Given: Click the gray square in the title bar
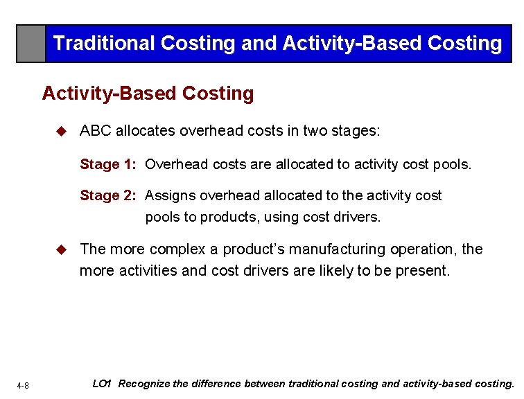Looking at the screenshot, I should click(x=31, y=44).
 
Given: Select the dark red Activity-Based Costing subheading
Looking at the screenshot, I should click(x=148, y=93).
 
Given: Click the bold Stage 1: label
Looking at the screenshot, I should click(x=109, y=164).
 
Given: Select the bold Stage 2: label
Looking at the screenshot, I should click(x=109, y=195).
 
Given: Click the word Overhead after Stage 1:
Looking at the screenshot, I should click(x=176, y=164).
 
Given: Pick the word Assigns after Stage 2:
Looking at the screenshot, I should click(x=170, y=195).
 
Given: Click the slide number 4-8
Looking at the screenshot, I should click(x=23, y=385).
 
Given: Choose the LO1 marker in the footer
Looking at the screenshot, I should click(x=102, y=383).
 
